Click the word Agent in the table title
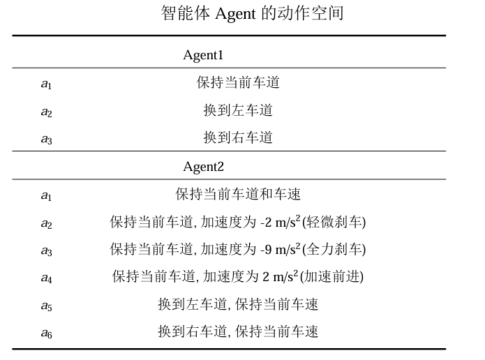coord(237,13)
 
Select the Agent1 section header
coord(202,55)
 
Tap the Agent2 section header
coord(203,167)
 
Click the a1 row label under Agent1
coord(46,84)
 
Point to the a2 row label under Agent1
coord(46,112)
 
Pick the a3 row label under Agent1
coord(46,139)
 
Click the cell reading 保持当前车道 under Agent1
coord(238,83)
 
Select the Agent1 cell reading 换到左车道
coord(238,110)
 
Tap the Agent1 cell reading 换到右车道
coord(238,137)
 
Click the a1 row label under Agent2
coord(46,195)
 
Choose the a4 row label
coord(46,278)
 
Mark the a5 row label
coord(46,306)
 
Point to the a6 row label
coord(46,333)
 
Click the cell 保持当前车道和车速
coord(238,194)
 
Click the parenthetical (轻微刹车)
coord(334,222)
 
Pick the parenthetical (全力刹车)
coord(334,249)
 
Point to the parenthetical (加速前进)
coord(332,276)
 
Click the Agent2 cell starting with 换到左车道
coord(238,304)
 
